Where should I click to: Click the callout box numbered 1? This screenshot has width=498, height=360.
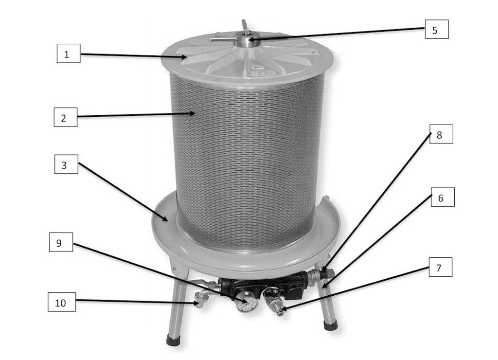pos(69,54)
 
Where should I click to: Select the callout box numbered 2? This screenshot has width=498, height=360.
pos(66,117)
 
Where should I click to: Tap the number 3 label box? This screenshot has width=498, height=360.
pos(66,164)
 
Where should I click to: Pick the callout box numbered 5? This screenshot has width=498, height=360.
pos(437,29)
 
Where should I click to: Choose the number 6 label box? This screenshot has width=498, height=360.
pos(443,197)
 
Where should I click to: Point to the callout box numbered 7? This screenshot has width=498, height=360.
pos(441,267)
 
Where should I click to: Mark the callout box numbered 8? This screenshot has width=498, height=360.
pos(441,134)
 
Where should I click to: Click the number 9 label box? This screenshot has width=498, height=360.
pos(61,242)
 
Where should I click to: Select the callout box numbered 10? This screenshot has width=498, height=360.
pos(62,302)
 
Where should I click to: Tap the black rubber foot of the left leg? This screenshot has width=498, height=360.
pos(174,340)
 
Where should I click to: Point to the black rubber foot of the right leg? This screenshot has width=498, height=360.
pos(331,325)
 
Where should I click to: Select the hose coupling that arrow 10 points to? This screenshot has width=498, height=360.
pos(200,300)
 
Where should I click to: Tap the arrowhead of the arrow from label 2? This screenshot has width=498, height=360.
pos(192,113)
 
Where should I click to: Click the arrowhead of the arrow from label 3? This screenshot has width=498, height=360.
pos(165,218)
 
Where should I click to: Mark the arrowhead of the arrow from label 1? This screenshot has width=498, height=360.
pos(184,57)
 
